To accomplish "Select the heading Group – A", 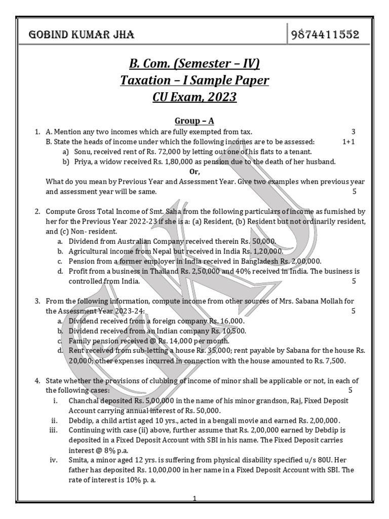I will (x=194, y=121).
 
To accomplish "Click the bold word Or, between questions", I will (x=195, y=172).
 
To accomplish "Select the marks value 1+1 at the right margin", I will (x=348, y=142).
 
